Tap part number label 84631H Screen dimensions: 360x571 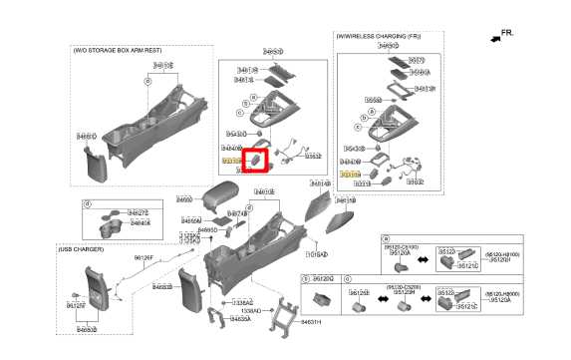(312, 321)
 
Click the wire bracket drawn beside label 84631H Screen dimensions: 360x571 (287, 313)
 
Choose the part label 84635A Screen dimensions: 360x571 (239, 319)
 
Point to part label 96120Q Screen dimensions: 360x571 (323, 279)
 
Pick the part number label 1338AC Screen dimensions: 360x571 (240, 300)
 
